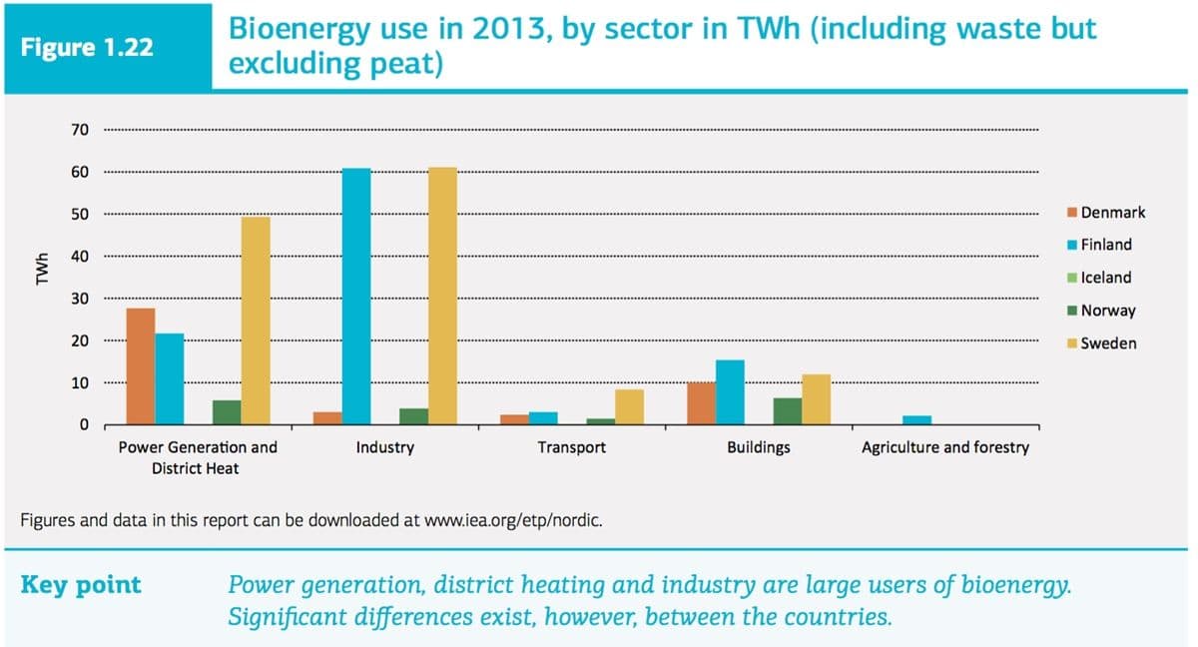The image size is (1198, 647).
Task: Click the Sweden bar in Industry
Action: click(x=442, y=297)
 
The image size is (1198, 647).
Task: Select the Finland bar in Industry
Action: click(x=356, y=297)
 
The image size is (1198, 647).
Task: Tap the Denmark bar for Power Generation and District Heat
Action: click(x=141, y=366)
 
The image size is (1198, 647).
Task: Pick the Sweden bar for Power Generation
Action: click(x=256, y=322)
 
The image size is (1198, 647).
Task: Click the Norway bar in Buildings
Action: click(x=788, y=411)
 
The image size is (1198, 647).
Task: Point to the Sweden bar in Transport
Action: click(x=629, y=407)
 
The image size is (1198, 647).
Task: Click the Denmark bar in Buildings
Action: click(x=702, y=403)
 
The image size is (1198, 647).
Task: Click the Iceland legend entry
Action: click(x=1106, y=278)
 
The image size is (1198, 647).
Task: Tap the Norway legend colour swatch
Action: click(x=1072, y=311)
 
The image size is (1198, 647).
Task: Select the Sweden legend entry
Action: click(x=1108, y=343)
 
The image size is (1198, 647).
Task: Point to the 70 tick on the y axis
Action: click(x=80, y=130)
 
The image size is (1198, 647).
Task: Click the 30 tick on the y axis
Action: click(x=80, y=299)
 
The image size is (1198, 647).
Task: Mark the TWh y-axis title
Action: click(x=41, y=277)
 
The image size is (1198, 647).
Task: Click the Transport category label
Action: click(x=571, y=447)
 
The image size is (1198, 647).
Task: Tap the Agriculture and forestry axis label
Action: click(x=944, y=447)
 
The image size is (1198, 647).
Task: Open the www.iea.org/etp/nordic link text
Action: click(x=513, y=520)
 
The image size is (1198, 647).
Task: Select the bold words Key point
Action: click(x=81, y=585)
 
